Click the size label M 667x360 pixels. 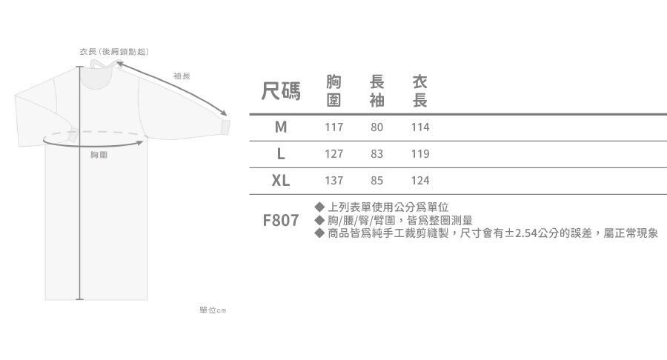(x=280, y=127)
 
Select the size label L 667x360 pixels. (x=281, y=154)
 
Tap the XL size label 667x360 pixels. (x=281, y=181)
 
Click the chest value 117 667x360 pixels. (x=334, y=127)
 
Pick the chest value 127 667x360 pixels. (x=334, y=154)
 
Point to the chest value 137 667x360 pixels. (x=334, y=181)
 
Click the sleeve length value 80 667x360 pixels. (x=376, y=127)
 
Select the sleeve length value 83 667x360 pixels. (x=376, y=154)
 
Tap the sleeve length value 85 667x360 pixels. (x=376, y=181)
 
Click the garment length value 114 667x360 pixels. (x=420, y=127)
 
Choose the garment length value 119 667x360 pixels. (x=420, y=154)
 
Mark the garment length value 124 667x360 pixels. (x=420, y=181)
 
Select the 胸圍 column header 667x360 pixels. (x=334, y=91)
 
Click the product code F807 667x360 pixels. (x=281, y=221)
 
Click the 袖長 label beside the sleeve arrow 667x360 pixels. (x=182, y=76)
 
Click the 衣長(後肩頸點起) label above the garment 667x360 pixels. (x=115, y=52)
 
